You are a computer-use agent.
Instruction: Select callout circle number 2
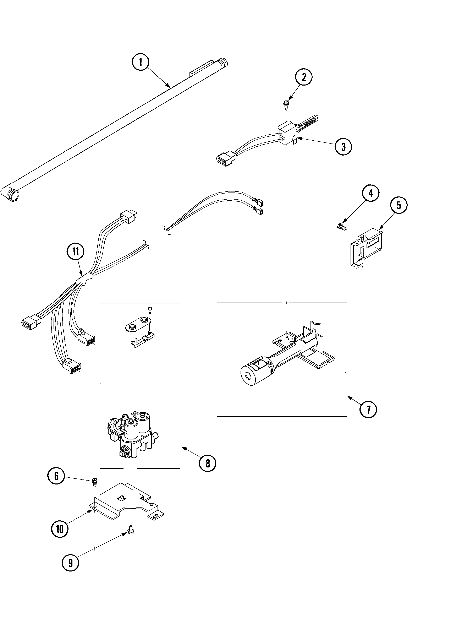(304, 77)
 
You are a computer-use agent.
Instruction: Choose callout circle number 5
(399, 205)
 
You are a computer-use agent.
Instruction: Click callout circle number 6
(56, 476)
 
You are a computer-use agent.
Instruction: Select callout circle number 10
(60, 529)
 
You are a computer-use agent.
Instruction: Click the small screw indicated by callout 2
(286, 105)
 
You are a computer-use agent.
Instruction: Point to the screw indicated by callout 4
(341, 226)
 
